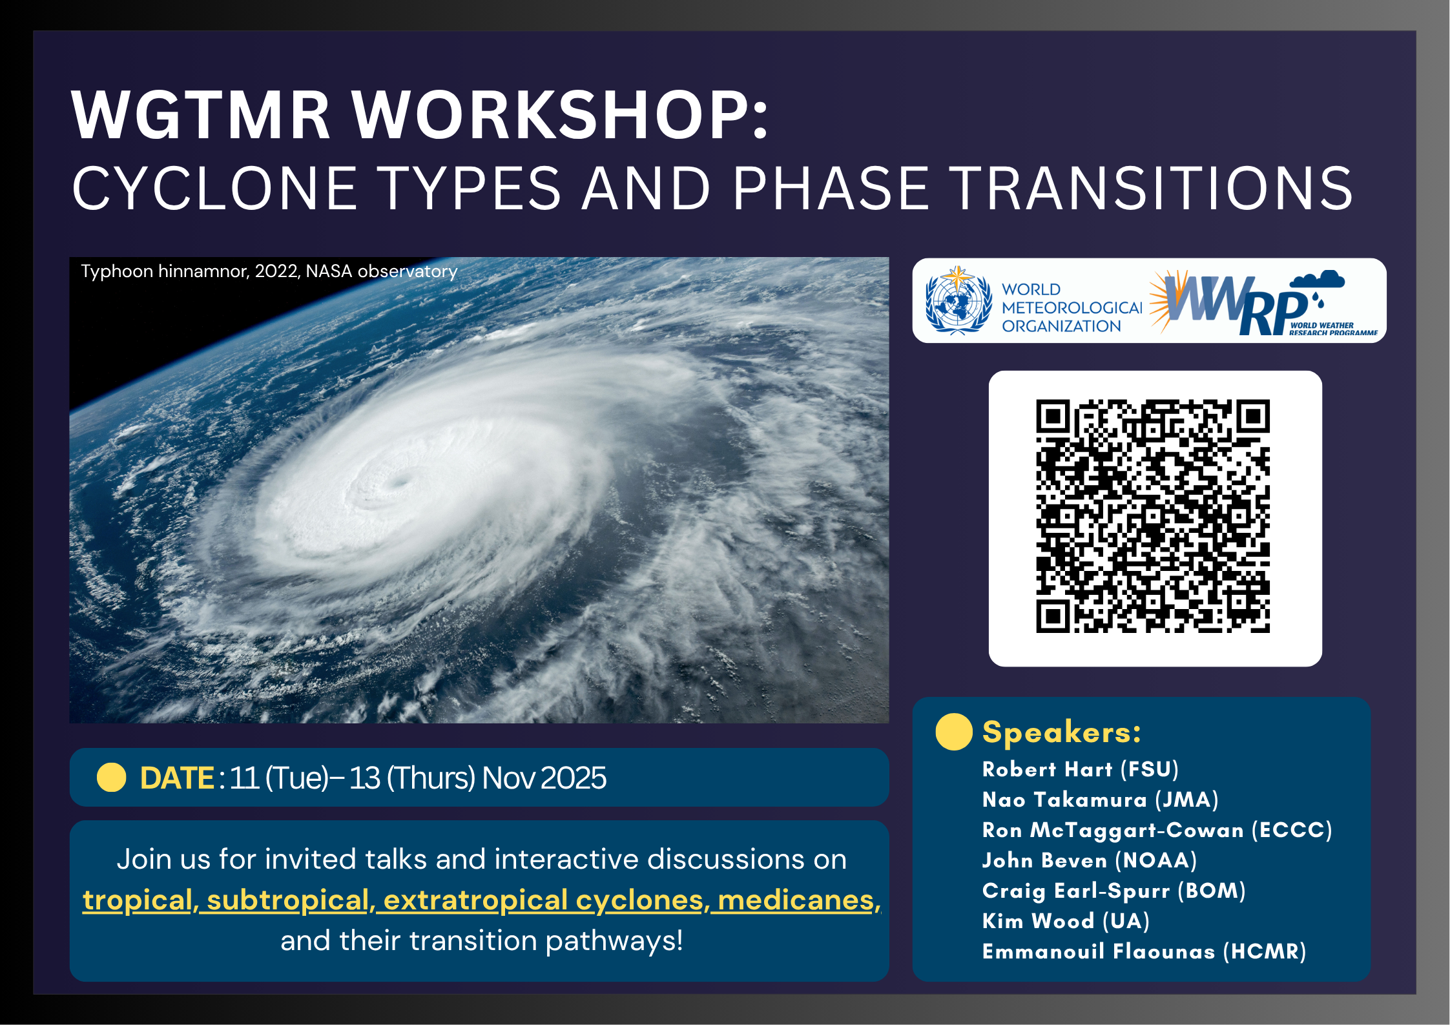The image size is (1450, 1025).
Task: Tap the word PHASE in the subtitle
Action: tap(830, 188)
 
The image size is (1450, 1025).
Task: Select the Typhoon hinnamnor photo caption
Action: tap(269, 271)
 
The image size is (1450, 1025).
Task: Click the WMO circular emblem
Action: tap(958, 300)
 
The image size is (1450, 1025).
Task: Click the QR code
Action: tap(1153, 516)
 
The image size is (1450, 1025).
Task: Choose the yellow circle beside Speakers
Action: tap(954, 732)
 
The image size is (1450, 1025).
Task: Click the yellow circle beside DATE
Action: tap(111, 777)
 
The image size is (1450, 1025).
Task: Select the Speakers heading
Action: tap(1061, 732)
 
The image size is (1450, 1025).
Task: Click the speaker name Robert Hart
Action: tap(1047, 769)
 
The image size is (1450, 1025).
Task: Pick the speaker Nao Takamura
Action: tap(1064, 800)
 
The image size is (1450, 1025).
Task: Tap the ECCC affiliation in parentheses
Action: tap(1292, 830)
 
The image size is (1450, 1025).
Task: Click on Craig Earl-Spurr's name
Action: tap(1075, 891)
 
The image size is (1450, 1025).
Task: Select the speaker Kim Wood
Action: tap(1038, 921)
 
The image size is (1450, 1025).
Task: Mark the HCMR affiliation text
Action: tap(1265, 951)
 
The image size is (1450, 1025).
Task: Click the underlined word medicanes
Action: tap(799, 900)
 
